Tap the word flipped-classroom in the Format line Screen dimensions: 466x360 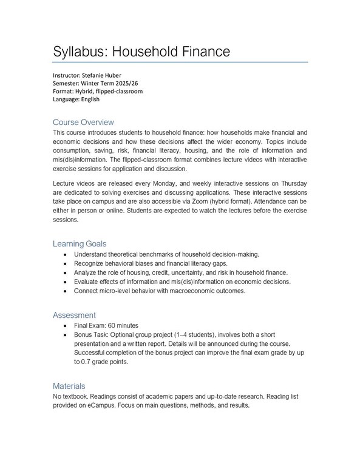[119, 92]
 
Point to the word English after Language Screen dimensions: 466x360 [90, 100]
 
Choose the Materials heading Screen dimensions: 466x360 [69, 385]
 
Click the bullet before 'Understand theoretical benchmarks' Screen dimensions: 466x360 [65, 254]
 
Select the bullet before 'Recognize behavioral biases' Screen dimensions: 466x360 [65, 263]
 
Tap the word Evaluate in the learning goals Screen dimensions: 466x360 [89, 282]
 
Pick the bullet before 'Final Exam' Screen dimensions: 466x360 [65, 325]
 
